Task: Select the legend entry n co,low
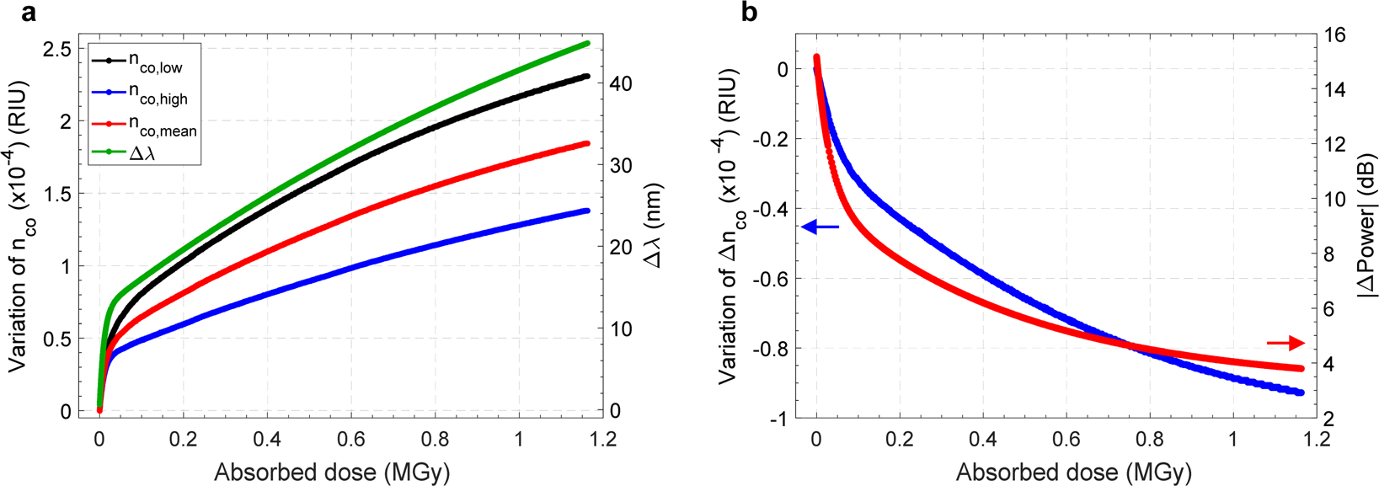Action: (155, 62)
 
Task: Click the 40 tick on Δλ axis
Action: (621, 84)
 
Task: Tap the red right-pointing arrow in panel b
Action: (1285, 343)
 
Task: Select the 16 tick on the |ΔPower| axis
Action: (1335, 35)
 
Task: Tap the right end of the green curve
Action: (587, 43)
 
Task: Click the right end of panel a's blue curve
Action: (587, 211)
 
